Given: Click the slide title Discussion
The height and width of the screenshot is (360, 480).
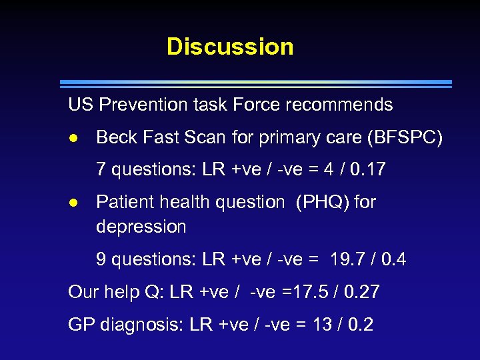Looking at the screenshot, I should [x=230, y=47].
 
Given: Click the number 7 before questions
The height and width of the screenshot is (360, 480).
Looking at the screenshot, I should [x=101, y=170].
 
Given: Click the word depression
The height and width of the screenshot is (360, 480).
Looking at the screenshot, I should [x=141, y=227].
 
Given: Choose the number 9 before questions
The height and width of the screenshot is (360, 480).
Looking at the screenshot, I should [x=101, y=259].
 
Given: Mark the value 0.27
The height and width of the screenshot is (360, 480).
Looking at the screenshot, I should [x=363, y=292].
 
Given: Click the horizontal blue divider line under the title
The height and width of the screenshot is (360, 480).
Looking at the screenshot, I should [x=256, y=84].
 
